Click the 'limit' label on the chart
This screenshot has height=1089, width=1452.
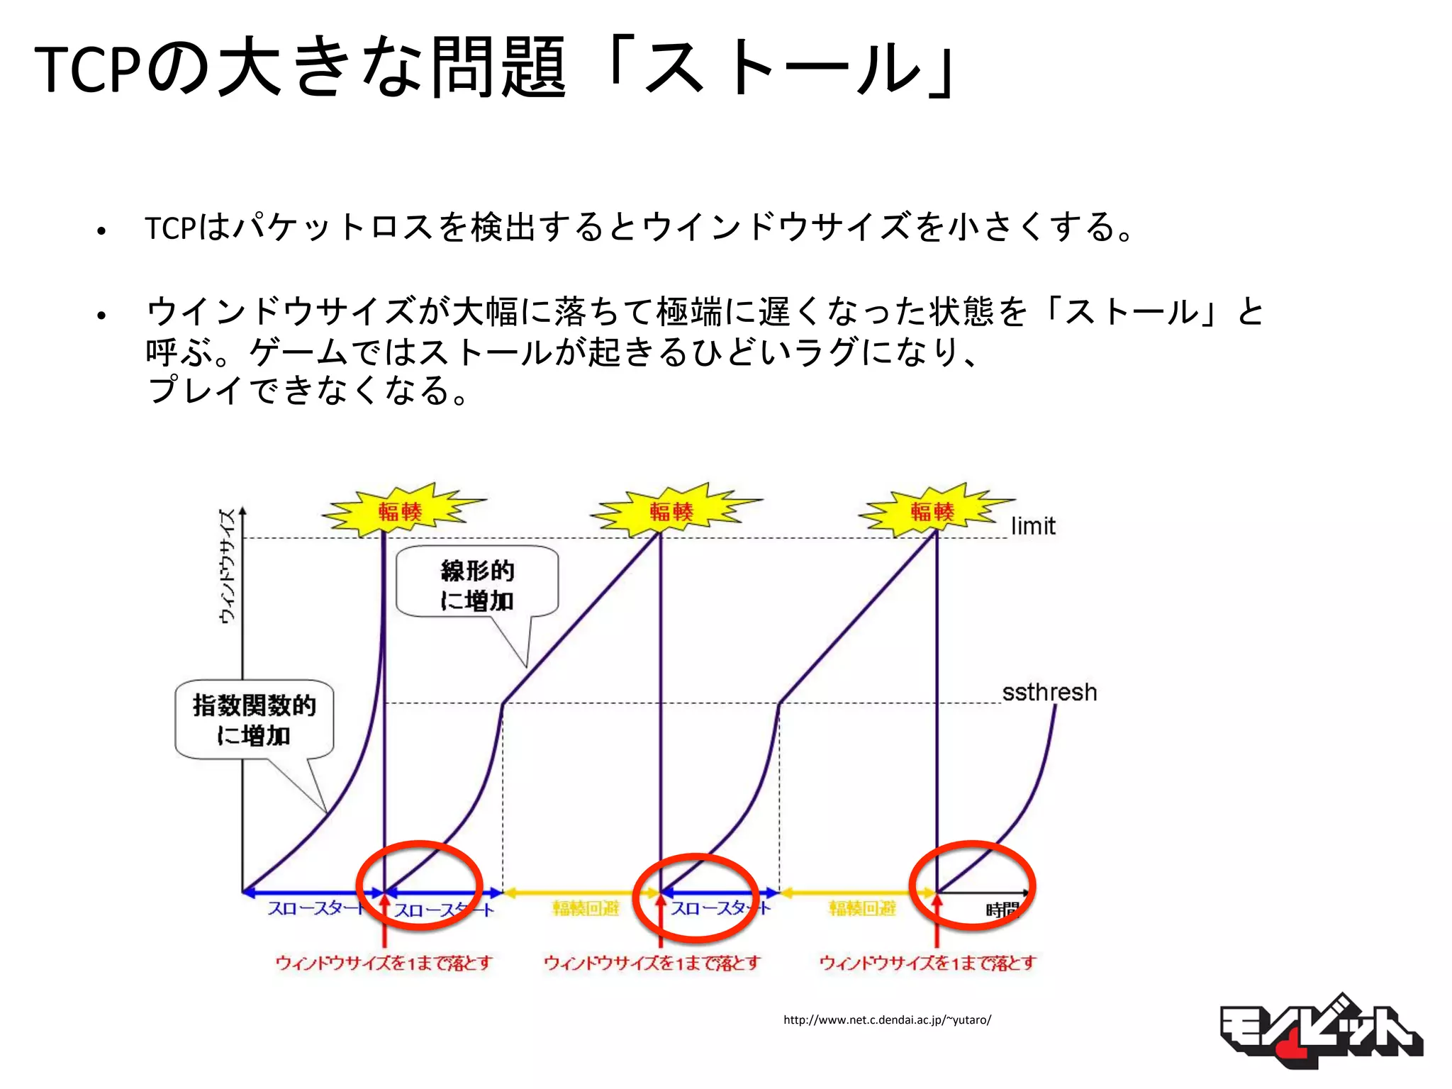pyautogui.click(x=1033, y=526)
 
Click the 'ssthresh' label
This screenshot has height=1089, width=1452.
pyautogui.click(x=1049, y=692)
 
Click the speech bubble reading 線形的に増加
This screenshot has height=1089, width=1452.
pyautogui.click(x=477, y=584)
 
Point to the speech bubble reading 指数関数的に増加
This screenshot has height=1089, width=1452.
pyautogui.click(x=255, y=720)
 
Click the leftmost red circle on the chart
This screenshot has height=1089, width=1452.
pyautogui.click(x=420, y=885)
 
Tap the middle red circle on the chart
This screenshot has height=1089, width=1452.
pyautogui.click(x=696, y=898)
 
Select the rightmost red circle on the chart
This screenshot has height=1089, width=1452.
pyautogui.click(x=973, y=885)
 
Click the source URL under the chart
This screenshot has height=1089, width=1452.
pyautogui.click(x=887, y=1020)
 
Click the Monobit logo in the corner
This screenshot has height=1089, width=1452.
pyautogui.click(x=1320, y=1032)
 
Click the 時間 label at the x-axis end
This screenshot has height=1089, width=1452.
pyautogui.click(x=1002, y=910)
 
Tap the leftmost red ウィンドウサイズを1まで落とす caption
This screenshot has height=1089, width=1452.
pyautogui.click(x=384, y=963)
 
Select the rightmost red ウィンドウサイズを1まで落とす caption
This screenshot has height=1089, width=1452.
pyautogui.click(x=928, y=963)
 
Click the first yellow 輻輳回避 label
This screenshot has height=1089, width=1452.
pyautogui.click(x=586, y=908)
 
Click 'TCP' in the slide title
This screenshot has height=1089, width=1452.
pyautogui.click(x=86, y=69)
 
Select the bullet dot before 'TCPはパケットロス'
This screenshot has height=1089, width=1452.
pyautogui.click(x=101, y=230)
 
